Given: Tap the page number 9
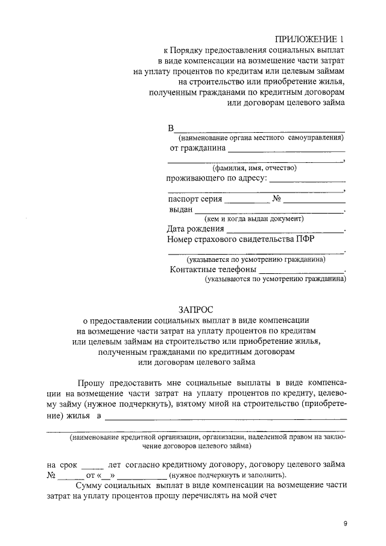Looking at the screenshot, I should point(346,524).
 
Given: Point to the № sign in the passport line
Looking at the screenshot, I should point(277,198).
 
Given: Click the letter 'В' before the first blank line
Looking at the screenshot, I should point(171,128).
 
